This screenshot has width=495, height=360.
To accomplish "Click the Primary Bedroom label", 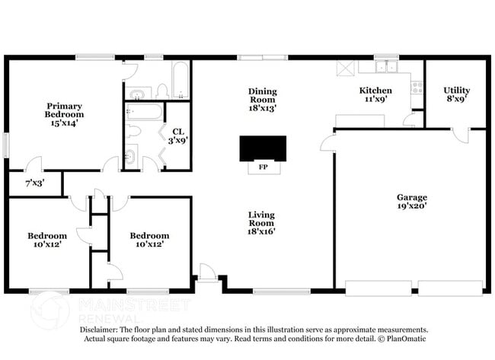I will point(64,113).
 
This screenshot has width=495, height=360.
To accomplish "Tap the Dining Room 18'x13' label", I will point(262,100).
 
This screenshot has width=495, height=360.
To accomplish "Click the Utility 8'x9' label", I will point(456,94).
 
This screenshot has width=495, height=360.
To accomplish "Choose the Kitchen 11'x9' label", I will point(375,94).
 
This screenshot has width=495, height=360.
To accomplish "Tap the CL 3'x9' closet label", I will point(177,135).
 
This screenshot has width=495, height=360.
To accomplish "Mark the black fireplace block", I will point(263,148).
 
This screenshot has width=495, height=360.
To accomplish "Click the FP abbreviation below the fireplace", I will point(263,167).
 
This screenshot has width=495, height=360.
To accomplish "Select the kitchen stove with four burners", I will point(417,87).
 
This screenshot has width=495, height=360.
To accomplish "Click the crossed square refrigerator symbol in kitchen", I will point(344,68).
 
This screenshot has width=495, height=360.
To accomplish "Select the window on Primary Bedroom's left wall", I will point(6,145).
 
